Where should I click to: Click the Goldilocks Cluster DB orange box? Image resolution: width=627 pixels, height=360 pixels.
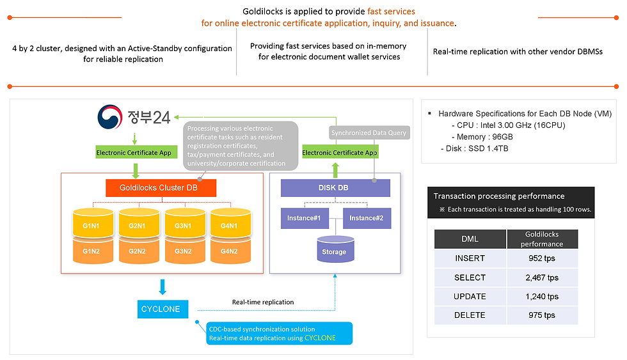tap(161, 188)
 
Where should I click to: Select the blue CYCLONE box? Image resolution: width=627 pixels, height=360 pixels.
tap(160, 309)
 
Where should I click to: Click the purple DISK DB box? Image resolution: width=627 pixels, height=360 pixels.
tap(335, 188)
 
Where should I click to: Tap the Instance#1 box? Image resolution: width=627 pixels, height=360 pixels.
tap(304, 218)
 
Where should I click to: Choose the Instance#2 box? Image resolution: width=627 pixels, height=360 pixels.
tap(367, 218)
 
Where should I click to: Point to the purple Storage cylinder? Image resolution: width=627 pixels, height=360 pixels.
tap(335, 250)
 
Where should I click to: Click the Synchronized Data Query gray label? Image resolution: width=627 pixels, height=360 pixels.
tap(369, 133)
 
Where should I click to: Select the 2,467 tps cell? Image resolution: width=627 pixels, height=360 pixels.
tap(542, 278)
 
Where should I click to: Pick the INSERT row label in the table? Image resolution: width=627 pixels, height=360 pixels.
tap(470, 258)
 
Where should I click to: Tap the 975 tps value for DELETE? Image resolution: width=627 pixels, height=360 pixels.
tap(542, 315)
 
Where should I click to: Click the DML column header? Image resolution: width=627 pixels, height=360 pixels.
tap(470, 239)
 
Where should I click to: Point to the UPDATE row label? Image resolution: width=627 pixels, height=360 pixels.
tap(470, 296)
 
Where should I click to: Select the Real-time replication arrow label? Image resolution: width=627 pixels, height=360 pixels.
tap(263, 302)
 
